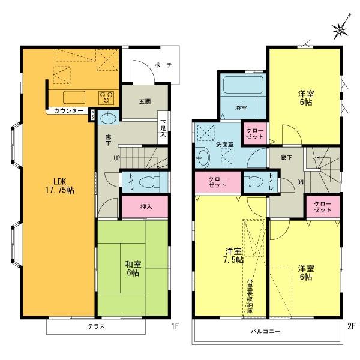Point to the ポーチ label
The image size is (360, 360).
(161, 65)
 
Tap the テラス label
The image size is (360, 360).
(96, 327)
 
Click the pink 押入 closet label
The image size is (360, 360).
(145, 208)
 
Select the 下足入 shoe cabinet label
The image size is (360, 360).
(163, 128)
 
